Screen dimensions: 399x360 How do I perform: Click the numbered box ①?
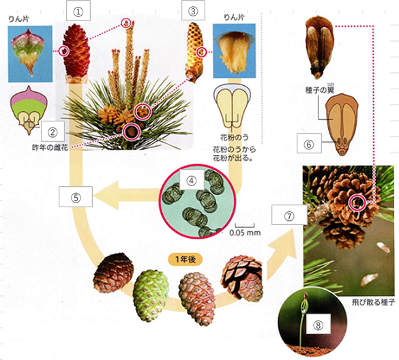[78, 11]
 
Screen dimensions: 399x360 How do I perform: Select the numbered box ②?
[53, 132]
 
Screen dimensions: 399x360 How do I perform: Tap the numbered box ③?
[193, 10]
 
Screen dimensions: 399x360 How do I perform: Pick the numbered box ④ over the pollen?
[192, 180]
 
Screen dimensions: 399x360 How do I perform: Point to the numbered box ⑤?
[76, 196]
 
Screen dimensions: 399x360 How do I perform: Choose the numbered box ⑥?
[309, 143]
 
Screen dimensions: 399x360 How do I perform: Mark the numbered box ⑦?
[289, 215]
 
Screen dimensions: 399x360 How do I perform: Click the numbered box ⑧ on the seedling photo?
[318, 324]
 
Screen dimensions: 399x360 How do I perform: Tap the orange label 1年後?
[186, 260]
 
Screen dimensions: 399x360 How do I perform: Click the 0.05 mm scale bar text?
[245, 232]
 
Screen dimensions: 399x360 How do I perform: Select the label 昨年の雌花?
[50, 147]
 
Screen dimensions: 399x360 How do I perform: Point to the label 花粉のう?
[235, 138]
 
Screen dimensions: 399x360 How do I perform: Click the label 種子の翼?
[320, 90]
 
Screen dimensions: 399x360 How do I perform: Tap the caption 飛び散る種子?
[373, 302]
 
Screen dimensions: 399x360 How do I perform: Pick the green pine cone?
[151, 295]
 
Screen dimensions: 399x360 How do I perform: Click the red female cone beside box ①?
[76, 53]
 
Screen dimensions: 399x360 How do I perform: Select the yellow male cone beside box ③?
[196, 52]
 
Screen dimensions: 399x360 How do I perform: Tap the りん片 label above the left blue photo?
[19, 18]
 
